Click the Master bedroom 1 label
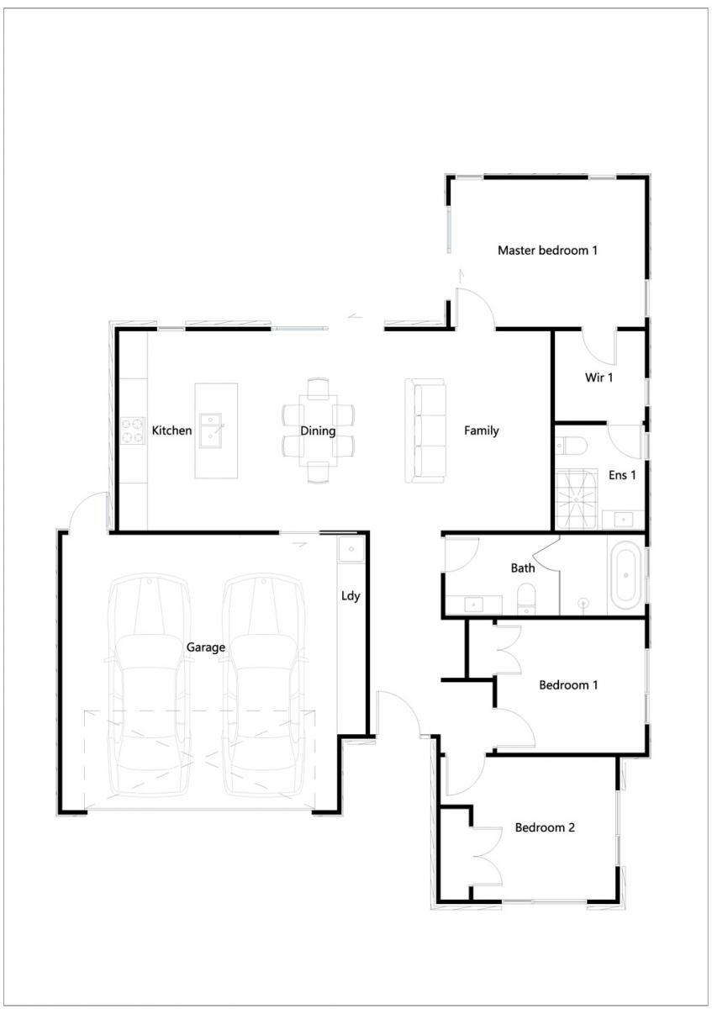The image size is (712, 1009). pyautogui.click(x=547, y=251)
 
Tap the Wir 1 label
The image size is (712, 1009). pyautogui.click(x=599, y=378)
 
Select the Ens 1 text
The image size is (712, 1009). pyautogui.click(x=622, y=475)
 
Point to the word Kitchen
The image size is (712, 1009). pyautogui.click(x=171, y=431)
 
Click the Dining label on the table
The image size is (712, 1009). pyautogui.click(x=318, y=431)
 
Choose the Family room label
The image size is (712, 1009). pyautogui.click(x=482, y=431)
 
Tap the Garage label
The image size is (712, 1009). pyautogui.click(x=206, y=647)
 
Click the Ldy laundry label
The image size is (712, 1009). pyautogui.click(x=351, y=596)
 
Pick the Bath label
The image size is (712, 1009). pyautogui.click(x=523, y=568)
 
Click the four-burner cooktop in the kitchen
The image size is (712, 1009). pyautogui.click(x=133, y=431)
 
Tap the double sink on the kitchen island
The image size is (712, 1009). pyautogui.click(x=211, y=431)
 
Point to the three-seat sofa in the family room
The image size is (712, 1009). pyautogui.click(x=425, y=431)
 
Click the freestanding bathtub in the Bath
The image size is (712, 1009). pyautogui.click(x=625, y=575)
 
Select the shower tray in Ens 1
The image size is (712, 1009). pyautogui.click(x=577, y=499)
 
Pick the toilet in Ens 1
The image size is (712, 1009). pyautogui.click(x=571, y=446)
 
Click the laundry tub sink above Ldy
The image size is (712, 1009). pyautogui.click(x=351, y=549)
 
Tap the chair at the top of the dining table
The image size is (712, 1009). pyautogui.click(x=319, y=388)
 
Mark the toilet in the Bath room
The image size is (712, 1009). pyautogui.click(x=525, y=599)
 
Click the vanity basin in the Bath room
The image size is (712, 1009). pyautogui.click(x=473, y=605)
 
